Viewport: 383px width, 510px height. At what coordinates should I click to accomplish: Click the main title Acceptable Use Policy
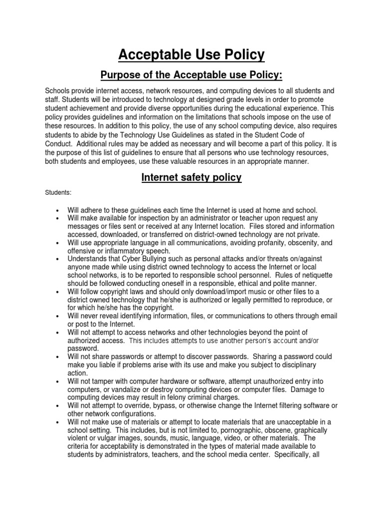pos(191,54)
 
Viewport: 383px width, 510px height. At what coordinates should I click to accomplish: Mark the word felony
pos(177,397)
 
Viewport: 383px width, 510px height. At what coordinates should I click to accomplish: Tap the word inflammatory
pos(128,251)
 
